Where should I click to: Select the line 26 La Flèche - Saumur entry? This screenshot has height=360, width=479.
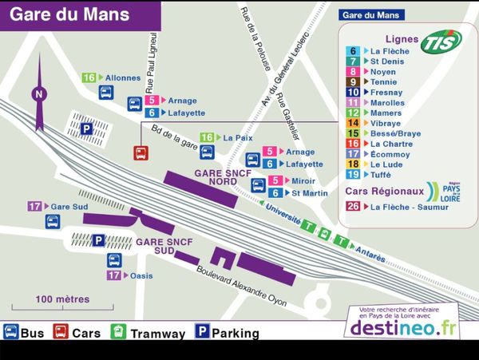coord(398,207)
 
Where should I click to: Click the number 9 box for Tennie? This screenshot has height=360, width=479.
coord(353,81)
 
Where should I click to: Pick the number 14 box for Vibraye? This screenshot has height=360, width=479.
coord(353,123)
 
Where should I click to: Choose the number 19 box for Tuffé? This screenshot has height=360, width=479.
coord(353,174)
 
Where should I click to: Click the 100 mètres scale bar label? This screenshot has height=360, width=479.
coord(62,299)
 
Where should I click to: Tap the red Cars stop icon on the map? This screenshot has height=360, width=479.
coord(141,152)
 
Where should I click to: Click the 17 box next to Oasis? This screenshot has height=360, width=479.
coord(115,275)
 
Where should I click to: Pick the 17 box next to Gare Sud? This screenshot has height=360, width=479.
coord(35,206)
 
